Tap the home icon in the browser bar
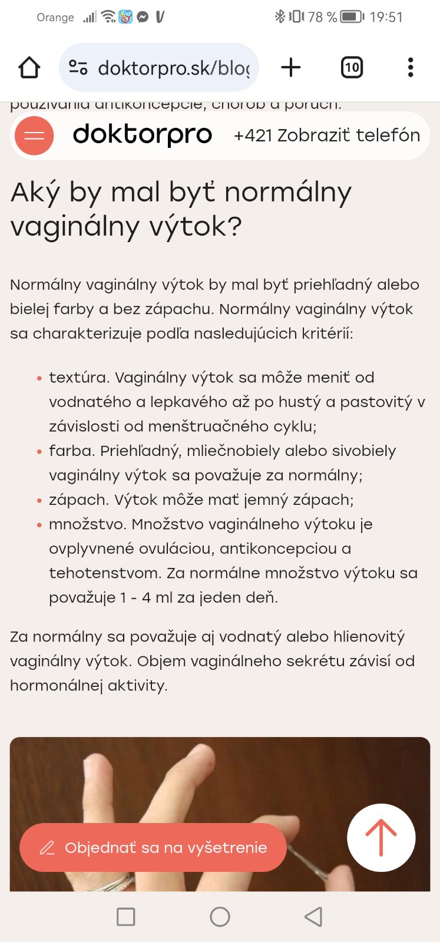[29, 68]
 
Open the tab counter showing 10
[352, 68]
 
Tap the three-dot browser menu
[411, 68]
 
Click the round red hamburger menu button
[34, 135]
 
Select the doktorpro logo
[142, 135]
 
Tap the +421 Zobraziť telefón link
[326, 135]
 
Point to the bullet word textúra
[79, 378]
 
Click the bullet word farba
[72, 451]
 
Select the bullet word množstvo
[87, 524]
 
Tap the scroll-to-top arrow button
[381, 837]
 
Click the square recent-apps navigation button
[126, 917]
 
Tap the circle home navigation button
[220, 917]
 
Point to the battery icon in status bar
[352, 17]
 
